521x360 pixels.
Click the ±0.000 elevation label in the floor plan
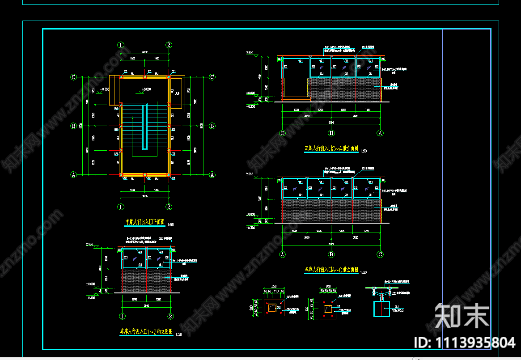click(x=146, y=90)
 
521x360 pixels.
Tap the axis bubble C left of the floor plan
click(x=74, y=77)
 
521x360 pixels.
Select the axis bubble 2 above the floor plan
click(x=169, y=45)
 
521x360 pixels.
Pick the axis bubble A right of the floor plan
click(x=212, y=174)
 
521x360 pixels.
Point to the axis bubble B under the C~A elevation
click(x=331, y=133)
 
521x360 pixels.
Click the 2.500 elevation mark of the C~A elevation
click(x=250, y=53)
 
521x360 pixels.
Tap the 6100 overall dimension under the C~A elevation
click(x=331, y=122)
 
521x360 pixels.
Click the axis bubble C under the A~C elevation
click(x=380, y=254)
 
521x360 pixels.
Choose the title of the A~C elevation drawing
click(x=331, y=270)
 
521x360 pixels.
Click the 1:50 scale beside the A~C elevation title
click(x=363, y=272)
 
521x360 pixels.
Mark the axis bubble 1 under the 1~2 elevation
click(x=122, y=317)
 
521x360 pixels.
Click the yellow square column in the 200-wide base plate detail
click(x=328, y=309)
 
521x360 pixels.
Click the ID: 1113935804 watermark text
click(x=465, y=343)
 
